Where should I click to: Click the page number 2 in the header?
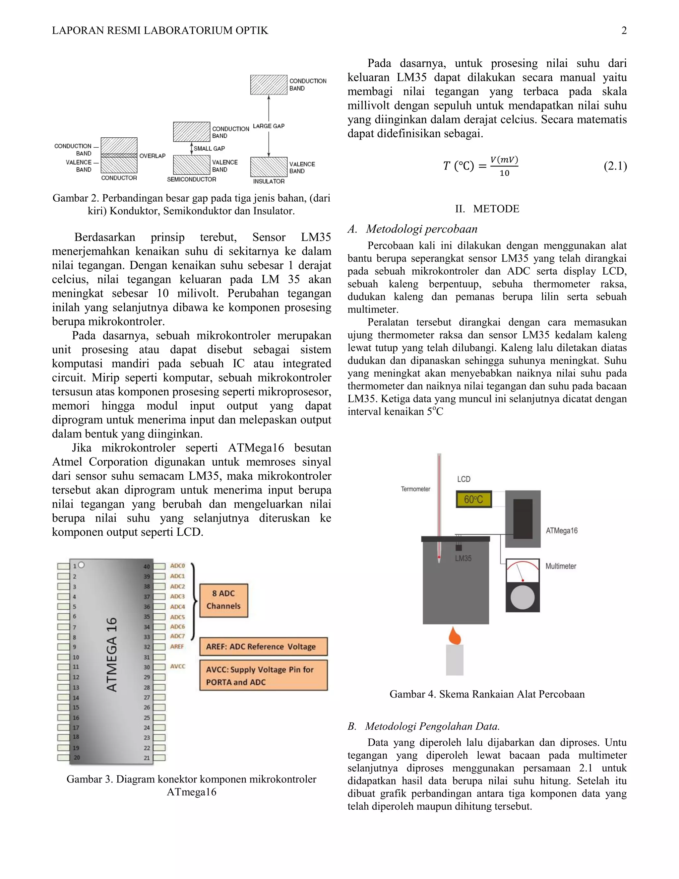(x=624, y=31)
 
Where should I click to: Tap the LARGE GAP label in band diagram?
(x=268, y=126)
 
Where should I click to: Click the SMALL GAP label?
(x=209, y=149)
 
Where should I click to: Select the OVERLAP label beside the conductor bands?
(x=153, y=156)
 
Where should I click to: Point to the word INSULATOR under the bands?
(x=269, y=181)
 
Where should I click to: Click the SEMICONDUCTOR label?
(x=192, y=179)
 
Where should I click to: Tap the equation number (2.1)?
(x=615, y=166)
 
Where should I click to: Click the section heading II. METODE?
(x=487, y=209)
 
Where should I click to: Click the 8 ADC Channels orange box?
(x=224, y=600)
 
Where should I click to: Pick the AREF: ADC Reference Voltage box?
(x=264, y=646)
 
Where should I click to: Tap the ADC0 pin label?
(x=177, y=566)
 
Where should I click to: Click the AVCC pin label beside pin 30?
(x=177, y=666)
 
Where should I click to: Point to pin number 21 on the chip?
(x=147, y=758)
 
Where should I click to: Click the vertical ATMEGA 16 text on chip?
(x=112, y=654)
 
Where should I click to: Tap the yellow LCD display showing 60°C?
(x=473, y=500)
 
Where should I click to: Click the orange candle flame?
(x=455, y=636)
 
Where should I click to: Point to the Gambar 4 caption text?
(x=487, y=694)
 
